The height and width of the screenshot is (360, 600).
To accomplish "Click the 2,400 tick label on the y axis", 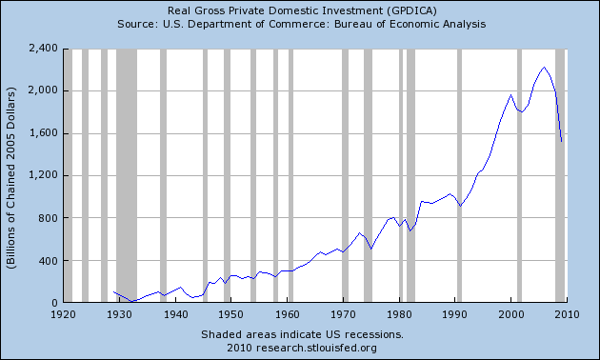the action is click(x=43, y=49).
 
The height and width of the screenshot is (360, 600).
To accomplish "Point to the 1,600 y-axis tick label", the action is click(x=43, y=133).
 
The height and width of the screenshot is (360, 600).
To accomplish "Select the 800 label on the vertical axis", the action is click(x=49, y=218).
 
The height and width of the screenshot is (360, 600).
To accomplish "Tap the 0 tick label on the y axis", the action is click(x=54, y=303).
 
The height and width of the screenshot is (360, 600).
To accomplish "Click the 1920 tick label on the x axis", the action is click(x=64, y=314).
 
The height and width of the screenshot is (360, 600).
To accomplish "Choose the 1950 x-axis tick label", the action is click(x=231, y=314).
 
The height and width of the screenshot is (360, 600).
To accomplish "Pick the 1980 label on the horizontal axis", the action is click(x=399, y=314).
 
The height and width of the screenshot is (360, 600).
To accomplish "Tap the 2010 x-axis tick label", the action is click(x=567, y=314).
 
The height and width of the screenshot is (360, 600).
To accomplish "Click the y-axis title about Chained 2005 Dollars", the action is click(x=11, y=178).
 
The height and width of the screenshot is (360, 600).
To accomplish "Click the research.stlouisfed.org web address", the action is click(x=316, y=348).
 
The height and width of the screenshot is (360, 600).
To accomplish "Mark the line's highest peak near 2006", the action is click(x=544, y=68).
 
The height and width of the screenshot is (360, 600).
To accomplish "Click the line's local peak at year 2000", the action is click(x=510, y=95).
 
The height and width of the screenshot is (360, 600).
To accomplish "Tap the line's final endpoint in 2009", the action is click(x=561, y=142).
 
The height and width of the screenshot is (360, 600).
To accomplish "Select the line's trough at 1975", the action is click(x=370, y=250).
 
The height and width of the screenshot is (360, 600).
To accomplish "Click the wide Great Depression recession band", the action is click(x=127, y=175).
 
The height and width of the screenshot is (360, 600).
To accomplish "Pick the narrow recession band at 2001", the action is click(x=519, y=175).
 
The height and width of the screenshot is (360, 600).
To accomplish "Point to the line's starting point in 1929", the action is click(x=113, y=291).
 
